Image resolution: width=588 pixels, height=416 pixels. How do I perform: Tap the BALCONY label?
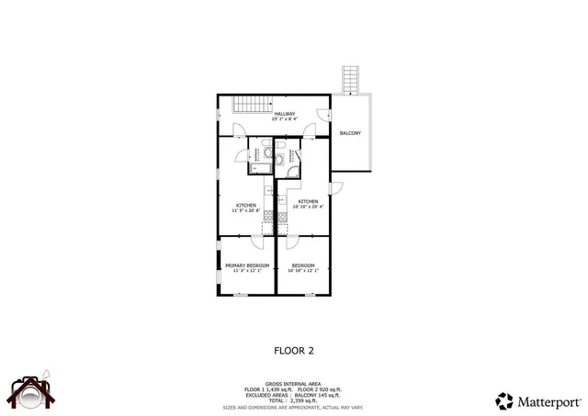pyautogui.click(x=350, y=134)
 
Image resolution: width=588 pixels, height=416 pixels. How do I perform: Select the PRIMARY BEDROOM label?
pyautogui.click(x=247, y=265)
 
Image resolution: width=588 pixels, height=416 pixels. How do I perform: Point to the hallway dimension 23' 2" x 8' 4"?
pyautogui.click(x=284, y=119)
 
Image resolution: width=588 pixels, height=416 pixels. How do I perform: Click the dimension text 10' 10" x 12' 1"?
pyautogui.click(x=303, y=271)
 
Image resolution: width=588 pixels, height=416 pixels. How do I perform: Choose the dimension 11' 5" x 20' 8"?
pyautogui.click(x=245, y=211)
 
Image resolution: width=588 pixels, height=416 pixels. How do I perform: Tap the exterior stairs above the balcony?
pyautogui.click(x=350, y=79)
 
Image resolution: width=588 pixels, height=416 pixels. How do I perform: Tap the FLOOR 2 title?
pyautogui.click(x=294, y=350)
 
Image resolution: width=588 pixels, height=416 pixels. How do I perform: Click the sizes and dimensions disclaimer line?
pyautogui.click(x=293, y=406)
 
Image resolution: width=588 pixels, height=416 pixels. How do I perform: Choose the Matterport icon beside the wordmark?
pyautogui.click(x=503, y=399)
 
